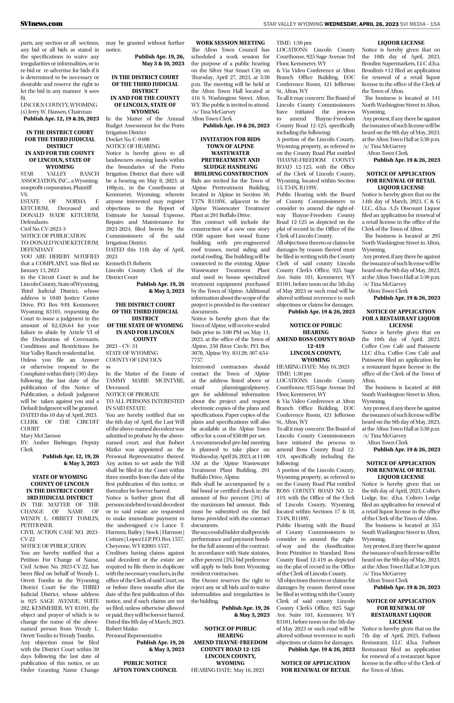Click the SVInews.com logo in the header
(x=42, y=24)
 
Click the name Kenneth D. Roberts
(x=128, y=263)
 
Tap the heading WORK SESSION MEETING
(x=230, y=43)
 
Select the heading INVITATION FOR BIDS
(x=230, y=139)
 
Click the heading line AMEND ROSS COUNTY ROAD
(x=316, y=339)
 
